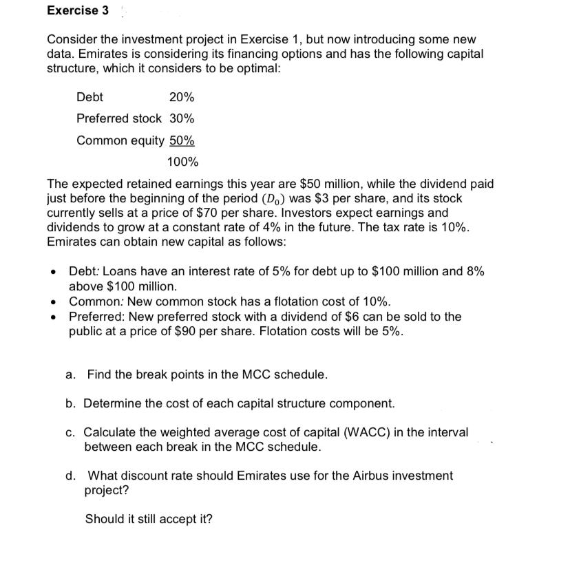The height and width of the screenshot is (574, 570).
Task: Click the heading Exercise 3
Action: pyautogui.click(x=73, y=10)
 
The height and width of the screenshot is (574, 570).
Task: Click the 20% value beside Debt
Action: pyautogui.click(x=182, y=98)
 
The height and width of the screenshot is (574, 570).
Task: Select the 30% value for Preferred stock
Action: pyautogui.click(x=182, y=118)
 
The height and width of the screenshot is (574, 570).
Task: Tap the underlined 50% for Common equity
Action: pyautogui.click(x=182, y=140)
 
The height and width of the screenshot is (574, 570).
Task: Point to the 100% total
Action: pyautogui.click(x=182, y=162)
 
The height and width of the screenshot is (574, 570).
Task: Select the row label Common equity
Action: pyautogui.click(x=120, y=140)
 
